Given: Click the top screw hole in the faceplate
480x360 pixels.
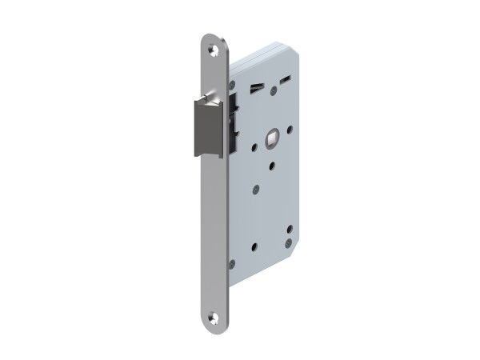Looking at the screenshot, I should click(214, 50).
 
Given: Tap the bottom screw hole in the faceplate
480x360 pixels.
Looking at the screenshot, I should click(213, 316).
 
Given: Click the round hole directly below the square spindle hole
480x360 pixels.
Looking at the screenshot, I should click(272, 166).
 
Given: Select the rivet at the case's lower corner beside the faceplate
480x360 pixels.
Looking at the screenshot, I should click(232, 263).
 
